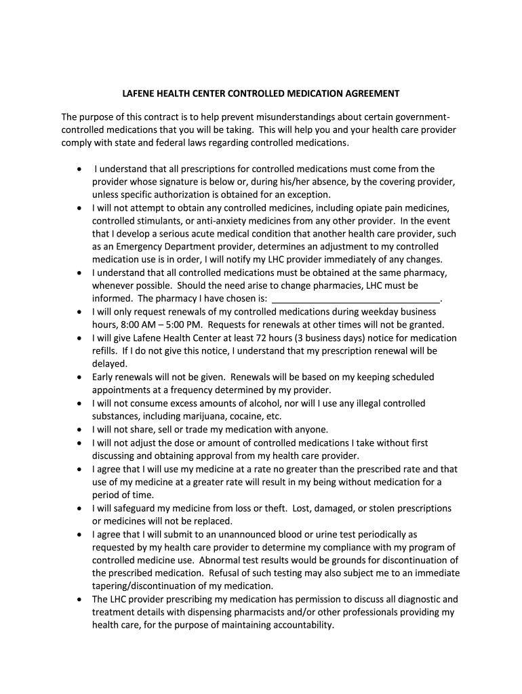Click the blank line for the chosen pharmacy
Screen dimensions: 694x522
pos(355,298)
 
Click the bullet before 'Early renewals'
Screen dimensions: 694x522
pos(81,377)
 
